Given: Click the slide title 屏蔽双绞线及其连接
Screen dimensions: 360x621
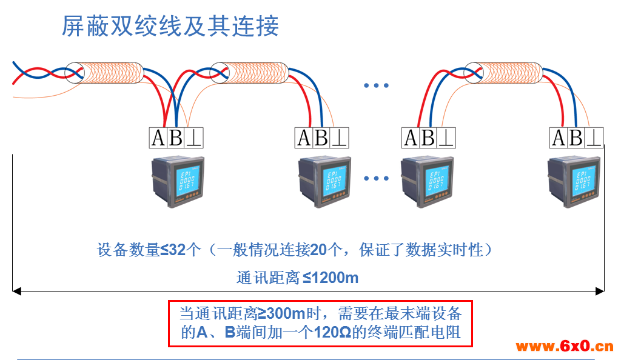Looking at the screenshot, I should [x=170, y=27].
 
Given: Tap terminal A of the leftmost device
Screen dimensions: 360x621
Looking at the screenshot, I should [x=158, y=138].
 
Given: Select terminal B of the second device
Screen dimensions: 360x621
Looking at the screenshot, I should [x=321, y=138].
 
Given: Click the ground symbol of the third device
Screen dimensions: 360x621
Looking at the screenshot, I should [x=446, y=138].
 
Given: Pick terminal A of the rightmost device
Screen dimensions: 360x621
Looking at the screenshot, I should [x=559, y=138].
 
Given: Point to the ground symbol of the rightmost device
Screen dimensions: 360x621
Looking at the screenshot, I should [x=594, y=138].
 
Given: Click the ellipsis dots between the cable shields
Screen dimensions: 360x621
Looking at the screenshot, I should [x=375, y=86].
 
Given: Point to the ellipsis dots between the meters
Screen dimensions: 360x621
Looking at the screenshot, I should [x=375, y=179].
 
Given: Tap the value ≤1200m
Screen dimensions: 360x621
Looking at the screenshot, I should [x=331, y=278].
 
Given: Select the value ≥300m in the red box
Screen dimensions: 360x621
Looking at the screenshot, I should [x=281, y=313].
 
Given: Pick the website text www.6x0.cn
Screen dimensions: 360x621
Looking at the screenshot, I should [x=564, y=347].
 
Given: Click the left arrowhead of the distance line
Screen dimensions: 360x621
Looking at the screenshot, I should [x=17, y=292].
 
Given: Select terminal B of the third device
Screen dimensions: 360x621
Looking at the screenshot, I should [x=428, y=138].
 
